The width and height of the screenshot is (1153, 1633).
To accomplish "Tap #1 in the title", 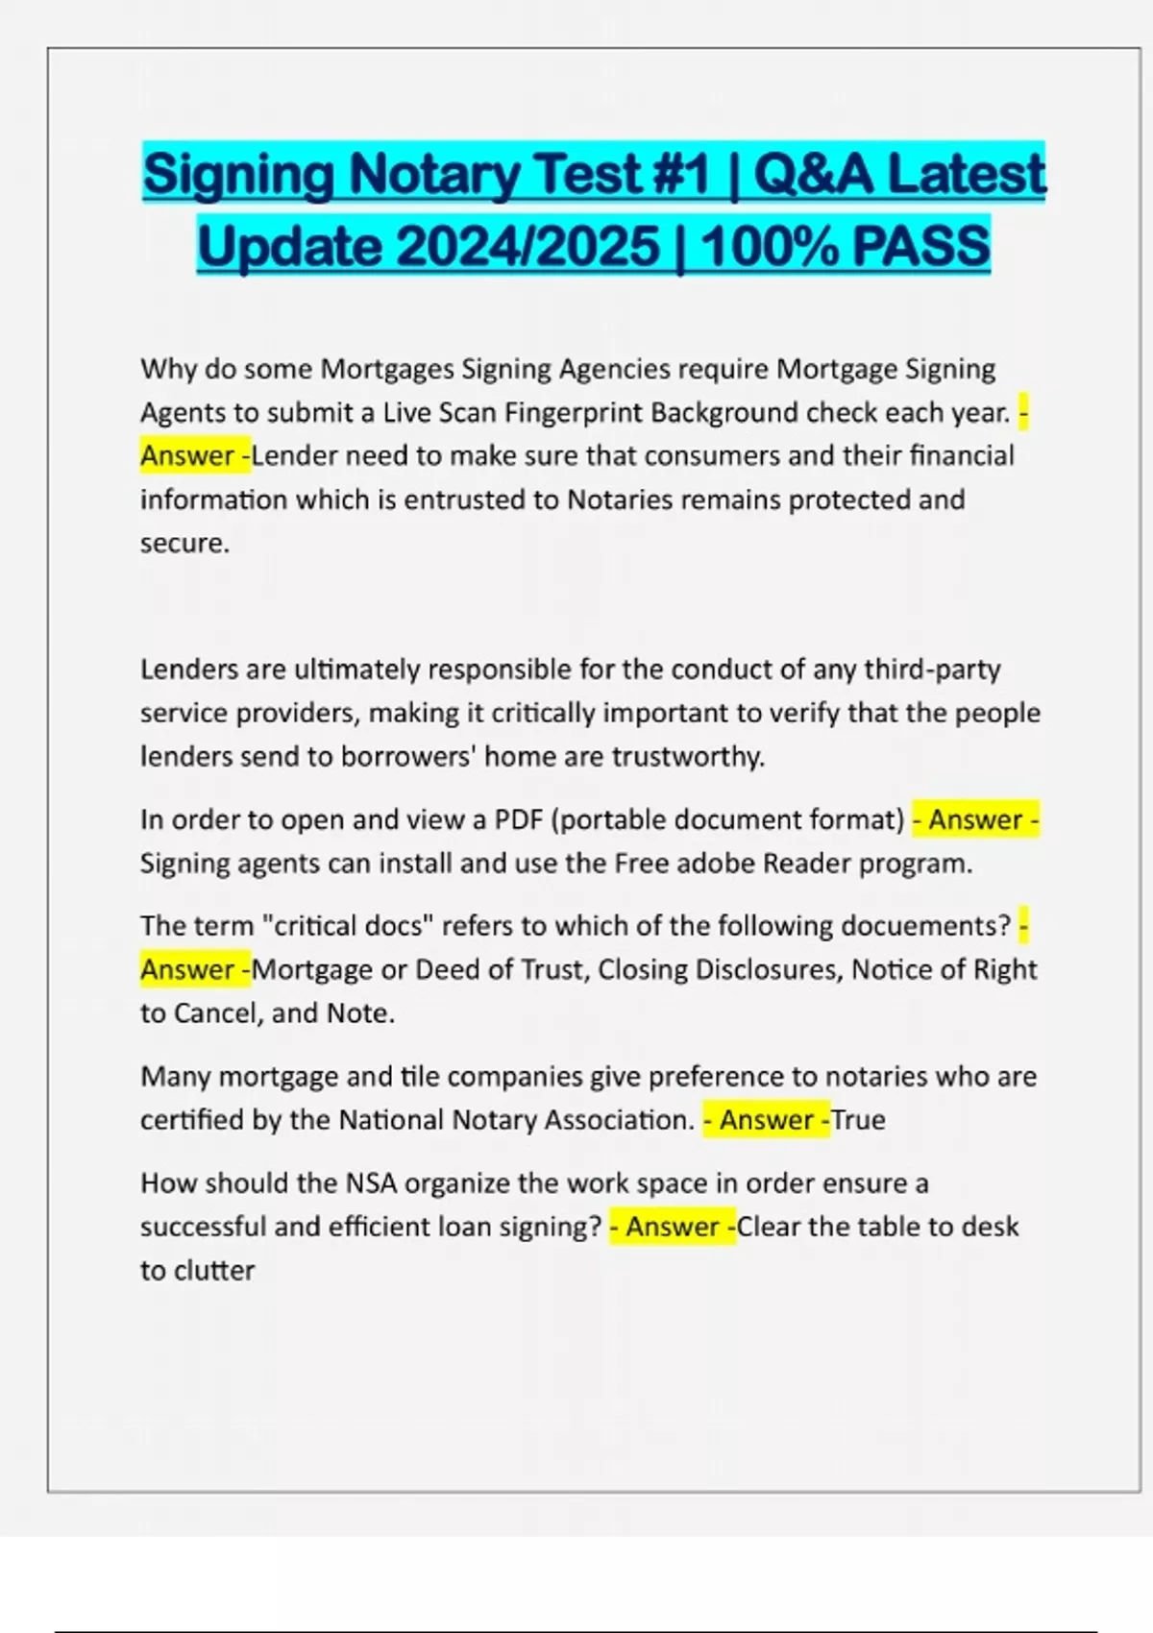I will point(682,175).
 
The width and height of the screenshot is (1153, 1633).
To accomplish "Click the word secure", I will point(184,544).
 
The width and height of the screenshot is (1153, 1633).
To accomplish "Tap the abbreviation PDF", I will point(519,819).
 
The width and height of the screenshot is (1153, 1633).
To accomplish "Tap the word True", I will point(859,1120).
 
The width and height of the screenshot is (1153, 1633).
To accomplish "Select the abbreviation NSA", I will point(371,1182).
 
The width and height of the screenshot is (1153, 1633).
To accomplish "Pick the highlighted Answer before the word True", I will point(766,1120).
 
